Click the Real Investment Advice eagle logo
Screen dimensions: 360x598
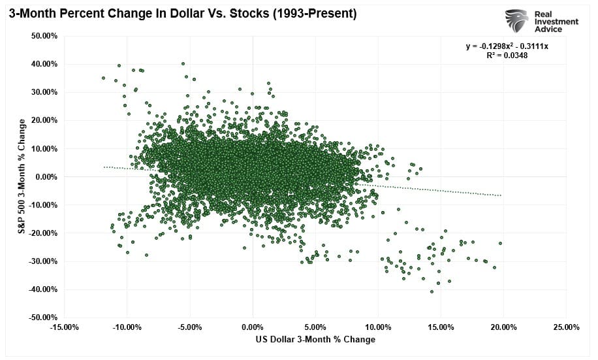point(516,20)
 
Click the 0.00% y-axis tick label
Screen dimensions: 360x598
point(46,177)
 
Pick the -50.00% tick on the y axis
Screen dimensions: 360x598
point(43,318)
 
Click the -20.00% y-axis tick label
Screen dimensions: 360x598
point(43,233)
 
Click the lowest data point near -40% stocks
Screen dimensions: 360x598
point(432,291)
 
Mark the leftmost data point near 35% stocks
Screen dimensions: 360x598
point(103,78)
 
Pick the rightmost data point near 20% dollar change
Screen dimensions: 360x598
point(500,243)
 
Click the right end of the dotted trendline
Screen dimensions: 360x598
point(501,195)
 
